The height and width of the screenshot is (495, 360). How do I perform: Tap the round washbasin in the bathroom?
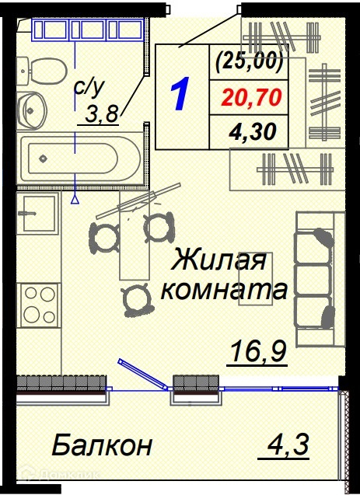click(32, 110)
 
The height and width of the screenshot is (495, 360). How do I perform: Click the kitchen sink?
click(38, 213)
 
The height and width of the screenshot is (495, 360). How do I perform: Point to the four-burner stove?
click(40, 305)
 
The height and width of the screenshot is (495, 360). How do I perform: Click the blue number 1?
click(180, 94)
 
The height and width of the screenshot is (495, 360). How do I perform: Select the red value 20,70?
click(251, 97)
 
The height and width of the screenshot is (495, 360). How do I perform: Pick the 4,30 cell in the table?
click(253, 131)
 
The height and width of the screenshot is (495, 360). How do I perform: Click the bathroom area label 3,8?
click(102, 114)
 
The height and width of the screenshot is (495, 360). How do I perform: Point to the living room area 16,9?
click(258, 352)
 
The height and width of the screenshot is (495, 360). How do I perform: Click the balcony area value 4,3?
click(288, 444)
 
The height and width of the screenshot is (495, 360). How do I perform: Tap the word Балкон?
click(102, 444)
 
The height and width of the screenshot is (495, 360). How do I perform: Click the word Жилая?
click(219, 260)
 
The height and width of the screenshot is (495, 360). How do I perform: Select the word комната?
click(225, 290)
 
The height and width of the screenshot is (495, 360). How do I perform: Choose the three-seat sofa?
click(319, 279)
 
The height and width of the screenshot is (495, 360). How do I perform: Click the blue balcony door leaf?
click(143, 375)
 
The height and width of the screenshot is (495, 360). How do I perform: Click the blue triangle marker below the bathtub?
click(75, 199)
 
